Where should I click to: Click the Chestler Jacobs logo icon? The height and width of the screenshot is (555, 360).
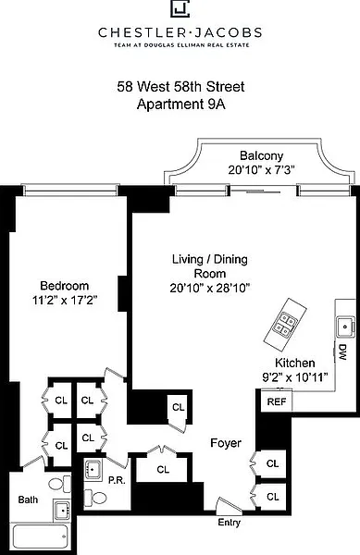(180, 8)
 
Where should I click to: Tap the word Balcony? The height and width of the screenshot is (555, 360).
(262, 155)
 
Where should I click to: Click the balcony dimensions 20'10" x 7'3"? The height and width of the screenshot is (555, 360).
(262, 170)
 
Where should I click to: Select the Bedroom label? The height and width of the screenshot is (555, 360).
(65, 286)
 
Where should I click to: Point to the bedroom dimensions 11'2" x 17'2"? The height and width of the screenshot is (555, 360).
(65, 300)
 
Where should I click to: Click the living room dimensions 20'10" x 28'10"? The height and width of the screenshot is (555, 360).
(210, 288)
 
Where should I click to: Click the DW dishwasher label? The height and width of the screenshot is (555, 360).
(341, 352)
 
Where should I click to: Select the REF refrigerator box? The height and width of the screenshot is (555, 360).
(277, 401)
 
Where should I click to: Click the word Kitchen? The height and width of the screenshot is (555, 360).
(294, 363)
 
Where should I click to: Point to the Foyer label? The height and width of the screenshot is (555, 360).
(226, 443)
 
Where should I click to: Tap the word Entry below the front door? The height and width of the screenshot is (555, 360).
(229, 523)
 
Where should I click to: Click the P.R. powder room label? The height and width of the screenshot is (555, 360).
(117, 480)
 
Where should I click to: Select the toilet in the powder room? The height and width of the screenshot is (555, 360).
(94, 498)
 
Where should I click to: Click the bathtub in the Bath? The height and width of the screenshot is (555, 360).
(40, 536)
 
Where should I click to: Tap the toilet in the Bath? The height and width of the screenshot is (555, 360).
(60, 484)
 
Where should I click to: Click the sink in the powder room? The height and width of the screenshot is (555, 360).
(93, 470)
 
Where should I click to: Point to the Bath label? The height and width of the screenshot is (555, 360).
(28, 499)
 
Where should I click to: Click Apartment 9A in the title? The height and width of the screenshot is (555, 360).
(180, 105)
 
